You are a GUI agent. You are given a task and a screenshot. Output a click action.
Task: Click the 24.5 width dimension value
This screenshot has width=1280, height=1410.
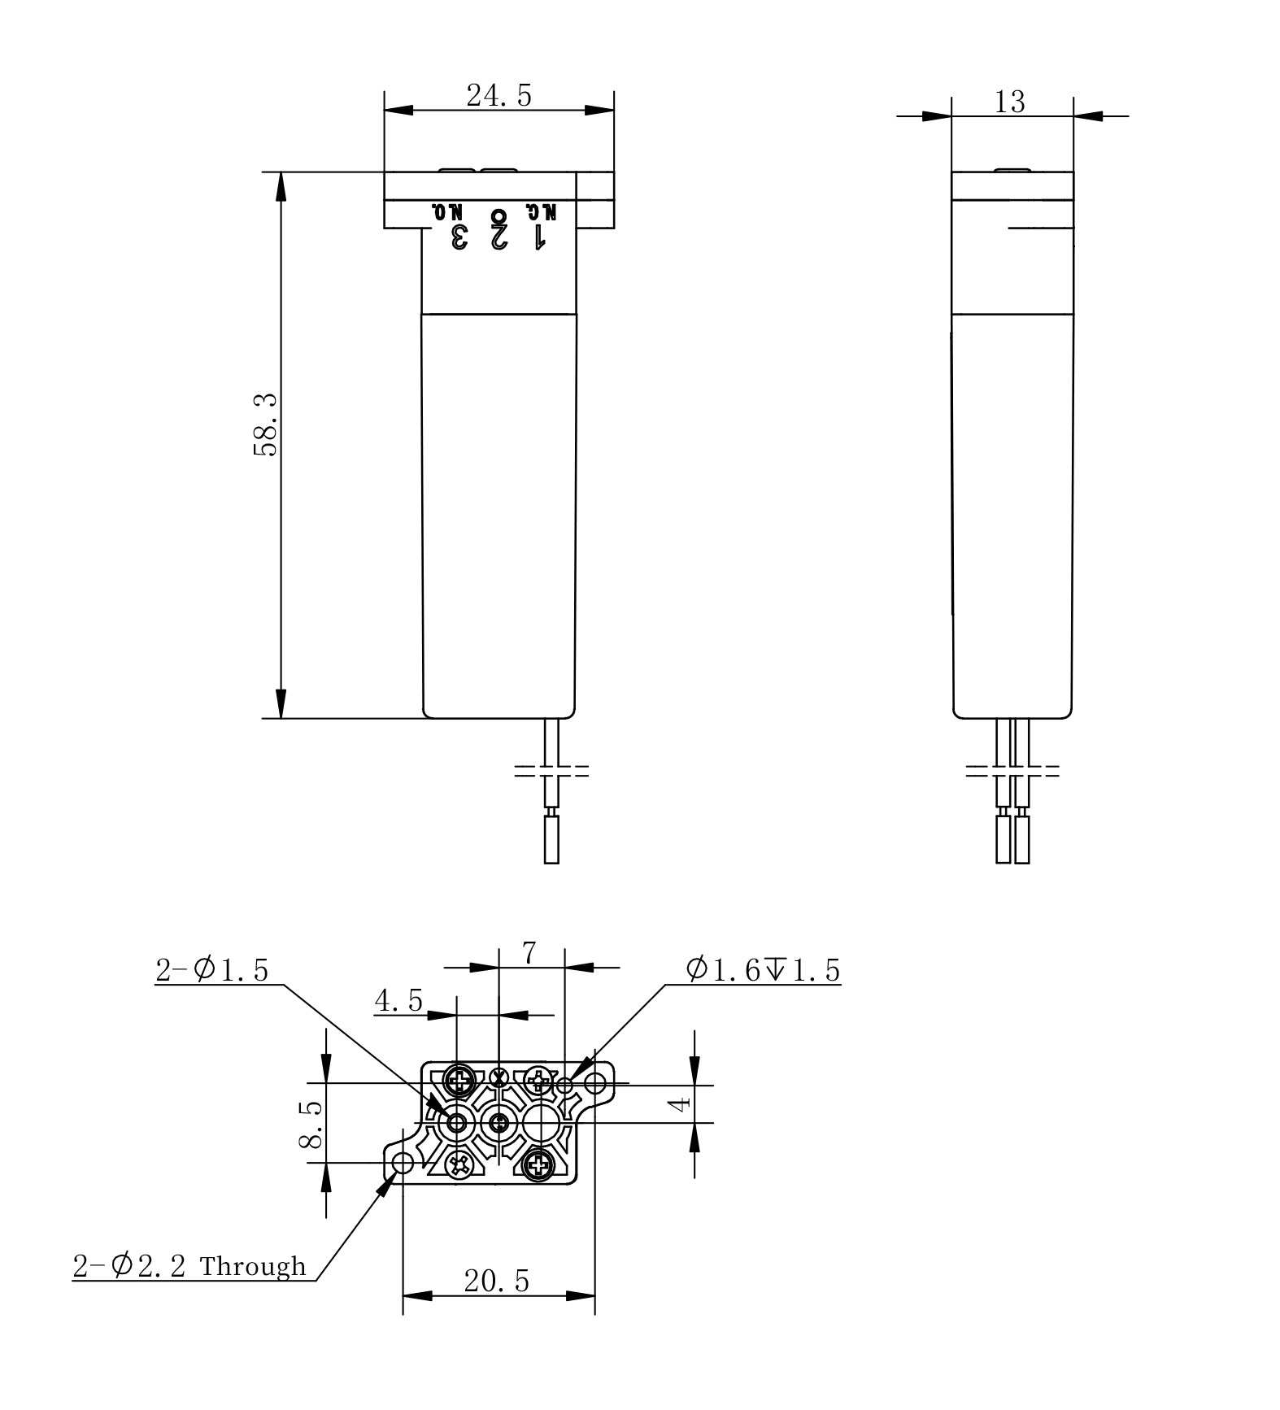pos(499,96)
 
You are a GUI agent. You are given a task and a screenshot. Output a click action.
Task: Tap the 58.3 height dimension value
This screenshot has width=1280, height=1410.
pos(266,424)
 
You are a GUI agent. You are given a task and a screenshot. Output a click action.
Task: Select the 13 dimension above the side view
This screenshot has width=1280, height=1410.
pos(1009,102)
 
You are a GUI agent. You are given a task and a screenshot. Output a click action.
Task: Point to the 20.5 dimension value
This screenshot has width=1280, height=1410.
pos(496,1281)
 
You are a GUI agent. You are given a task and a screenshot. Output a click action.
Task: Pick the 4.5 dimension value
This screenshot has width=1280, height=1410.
pos(398,1000)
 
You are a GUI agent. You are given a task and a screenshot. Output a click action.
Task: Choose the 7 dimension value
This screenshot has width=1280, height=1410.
pos(529,952)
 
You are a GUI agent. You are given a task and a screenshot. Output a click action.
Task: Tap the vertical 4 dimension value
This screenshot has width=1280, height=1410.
pos(680,1102)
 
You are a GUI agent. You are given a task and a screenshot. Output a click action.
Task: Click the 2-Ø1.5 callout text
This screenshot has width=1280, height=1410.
pos(211,970)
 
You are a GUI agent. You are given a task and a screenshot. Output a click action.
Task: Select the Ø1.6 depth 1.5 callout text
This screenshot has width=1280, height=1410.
pos(763,970)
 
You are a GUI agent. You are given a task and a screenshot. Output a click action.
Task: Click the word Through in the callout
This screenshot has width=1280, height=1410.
pos(253,1266)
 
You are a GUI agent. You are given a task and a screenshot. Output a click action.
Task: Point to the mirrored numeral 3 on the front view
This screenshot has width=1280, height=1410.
pos(459,237)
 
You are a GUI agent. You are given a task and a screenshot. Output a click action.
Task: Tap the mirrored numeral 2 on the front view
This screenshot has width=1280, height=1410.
pos(499,237)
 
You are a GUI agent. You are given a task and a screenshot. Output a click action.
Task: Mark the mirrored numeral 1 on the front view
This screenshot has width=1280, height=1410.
pos(538,237)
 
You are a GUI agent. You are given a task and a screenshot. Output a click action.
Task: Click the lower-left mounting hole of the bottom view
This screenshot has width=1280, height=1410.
pos(403,1164)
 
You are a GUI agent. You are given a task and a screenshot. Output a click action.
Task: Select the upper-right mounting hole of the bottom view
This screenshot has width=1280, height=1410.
pos(595,1083)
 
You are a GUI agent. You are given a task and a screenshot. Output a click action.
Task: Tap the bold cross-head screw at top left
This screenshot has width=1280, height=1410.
pos(461,1081)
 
